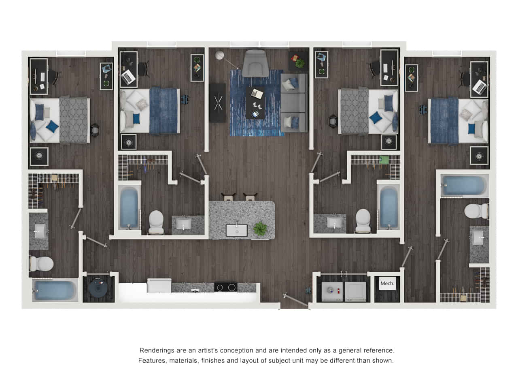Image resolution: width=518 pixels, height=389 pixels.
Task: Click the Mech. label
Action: click(x=387, y=284)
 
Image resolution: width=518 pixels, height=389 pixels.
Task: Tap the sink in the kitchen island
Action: click(x=237, y=230)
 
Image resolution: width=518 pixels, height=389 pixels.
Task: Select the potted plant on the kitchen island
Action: click(x=260, y=229)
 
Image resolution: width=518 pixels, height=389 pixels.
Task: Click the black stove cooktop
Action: click(x=225, y=287)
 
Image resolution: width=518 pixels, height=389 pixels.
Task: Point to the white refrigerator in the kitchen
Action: click(x=159, y=285)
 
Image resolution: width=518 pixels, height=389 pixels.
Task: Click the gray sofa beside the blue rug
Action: click(x=294, y=103)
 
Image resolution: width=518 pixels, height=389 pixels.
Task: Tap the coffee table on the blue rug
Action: click(x=255, y=103)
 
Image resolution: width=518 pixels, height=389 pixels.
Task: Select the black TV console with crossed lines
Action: click(x=218, y=103)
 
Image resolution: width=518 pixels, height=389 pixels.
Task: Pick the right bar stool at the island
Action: click(x=250, y=196)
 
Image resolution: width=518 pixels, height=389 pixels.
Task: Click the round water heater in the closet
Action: click(x=98, y=287)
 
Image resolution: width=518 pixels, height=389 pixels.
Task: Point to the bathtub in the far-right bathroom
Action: click(x=464, y=186)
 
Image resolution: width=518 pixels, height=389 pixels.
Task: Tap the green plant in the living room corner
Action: click(x=300, y=63)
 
